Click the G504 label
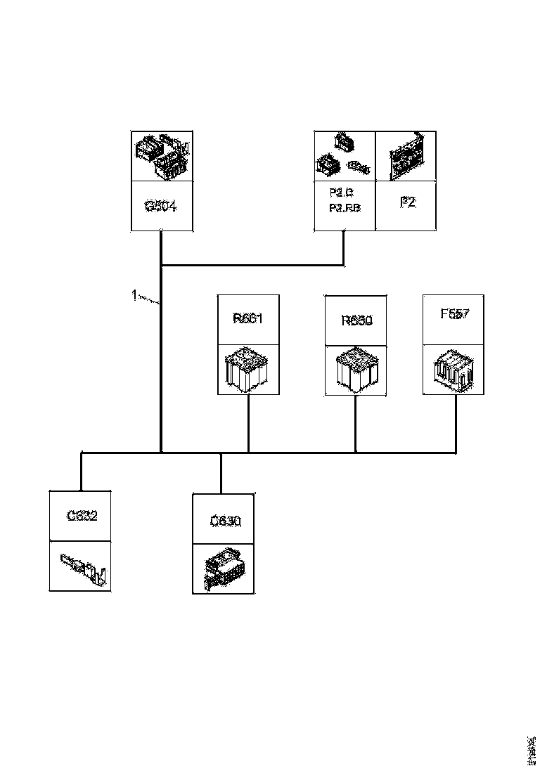162,206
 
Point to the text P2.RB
344,208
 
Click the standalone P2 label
408,202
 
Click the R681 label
247,318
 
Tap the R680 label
356,320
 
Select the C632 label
82,516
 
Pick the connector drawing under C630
224,569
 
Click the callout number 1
134,295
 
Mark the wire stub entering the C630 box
221,474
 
